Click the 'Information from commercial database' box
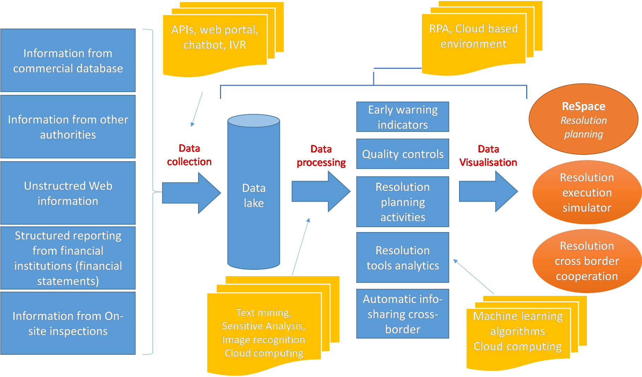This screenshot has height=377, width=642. coord(68,60)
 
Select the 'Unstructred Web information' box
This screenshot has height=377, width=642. coord(68,193)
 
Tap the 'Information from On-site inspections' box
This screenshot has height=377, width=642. coord(68,323)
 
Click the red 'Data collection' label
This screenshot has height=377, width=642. coord(189,155)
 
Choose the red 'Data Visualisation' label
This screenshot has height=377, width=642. coord(488,156)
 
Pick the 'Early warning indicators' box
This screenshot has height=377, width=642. coord(403,117)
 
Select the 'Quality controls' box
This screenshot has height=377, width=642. coord(403,154)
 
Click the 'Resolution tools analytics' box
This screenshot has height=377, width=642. coord(403,257)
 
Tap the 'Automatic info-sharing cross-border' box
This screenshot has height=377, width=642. coord(403,314)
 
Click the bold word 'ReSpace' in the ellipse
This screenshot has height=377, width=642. coord(583,106)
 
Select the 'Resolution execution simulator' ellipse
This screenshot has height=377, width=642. coord(587,192)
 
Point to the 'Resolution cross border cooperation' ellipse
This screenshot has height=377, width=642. coord(587,261)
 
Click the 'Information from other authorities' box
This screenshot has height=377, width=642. coord(68,127)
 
